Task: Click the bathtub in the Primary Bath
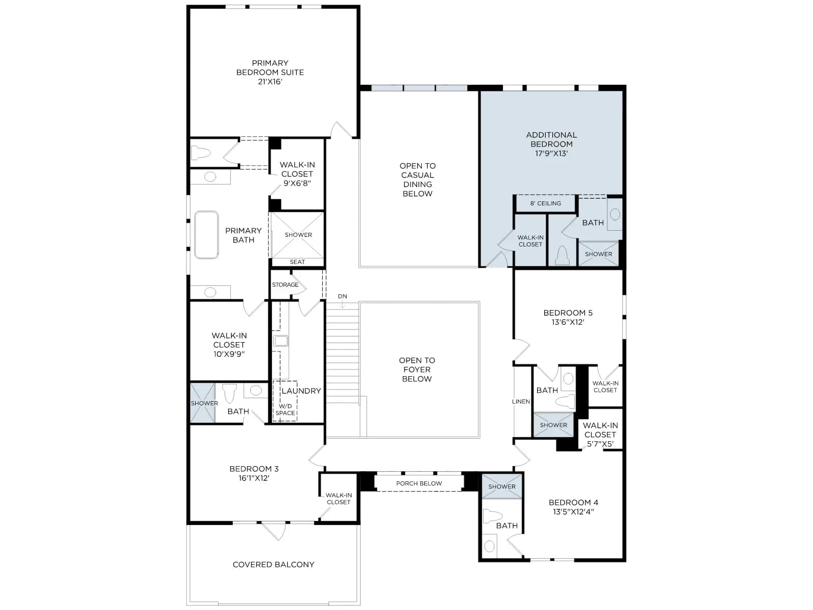pyautogui.click(x=206, y=235)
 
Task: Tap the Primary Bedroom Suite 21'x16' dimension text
pyautogui.click(x=270, y=81)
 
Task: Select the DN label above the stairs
pyautogui.click(x=342, y=296)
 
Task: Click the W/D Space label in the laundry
pyautogui.click(x=285, y=410)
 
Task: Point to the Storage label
pyautogui.click(x=285, y=285)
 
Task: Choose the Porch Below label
pyautogui.click(x=419, y=483)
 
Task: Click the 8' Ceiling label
pyautogui.click(x=546, y=203)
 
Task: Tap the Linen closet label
pyautogui.click(x=521, y=402)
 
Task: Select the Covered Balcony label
pyautogui.click(x=273, y=564)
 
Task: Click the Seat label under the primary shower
pyautogui.click(x=297, y=262)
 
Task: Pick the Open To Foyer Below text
pyautogui.click(x=417, y=369)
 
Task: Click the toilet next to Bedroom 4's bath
pyautogui.click(x=492, y=515)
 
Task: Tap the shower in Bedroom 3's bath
pyautogui.click(x=203, y=403)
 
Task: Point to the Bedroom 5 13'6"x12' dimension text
pyautogui.click(x=568, y=322)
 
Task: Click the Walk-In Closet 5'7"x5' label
pyautogui.click(x=601, y=435)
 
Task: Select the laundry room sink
pyautogui.click(x=281, y=341)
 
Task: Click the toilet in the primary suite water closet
pyautogui.click(x=201, y=152)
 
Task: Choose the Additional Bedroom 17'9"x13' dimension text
pyautogui.click(x=551, y=154)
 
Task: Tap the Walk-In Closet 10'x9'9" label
pyautogui.click(x=229, y=345)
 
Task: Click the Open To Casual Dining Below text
pyautogui.click(x=418, y=179)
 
